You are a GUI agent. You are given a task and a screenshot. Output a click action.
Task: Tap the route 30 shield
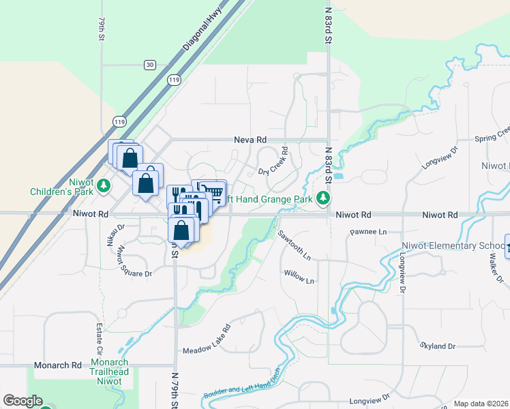pos(149,65)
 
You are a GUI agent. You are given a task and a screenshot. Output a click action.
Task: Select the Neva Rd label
pos(250,139)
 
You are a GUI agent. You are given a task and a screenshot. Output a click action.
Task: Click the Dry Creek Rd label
pos(272,163)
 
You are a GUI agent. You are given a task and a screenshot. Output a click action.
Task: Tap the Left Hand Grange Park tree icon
pos(324,198)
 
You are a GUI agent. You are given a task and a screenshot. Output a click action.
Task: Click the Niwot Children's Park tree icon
pos(104,185)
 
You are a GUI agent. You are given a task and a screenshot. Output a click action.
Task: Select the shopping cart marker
pos(213,192)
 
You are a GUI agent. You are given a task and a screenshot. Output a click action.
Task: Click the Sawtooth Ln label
pos(294,245)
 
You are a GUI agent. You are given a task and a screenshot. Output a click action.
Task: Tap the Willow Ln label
pos(299,280)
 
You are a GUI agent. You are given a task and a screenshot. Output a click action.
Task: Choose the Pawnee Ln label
pos(368,232)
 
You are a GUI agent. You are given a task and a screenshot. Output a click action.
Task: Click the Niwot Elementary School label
pos(467,246)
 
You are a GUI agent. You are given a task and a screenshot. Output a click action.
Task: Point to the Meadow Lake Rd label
pos(207,339)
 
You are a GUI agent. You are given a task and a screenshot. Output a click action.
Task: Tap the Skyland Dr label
pos(437,346)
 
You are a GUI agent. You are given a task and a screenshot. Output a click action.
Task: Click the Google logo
pos(22,401)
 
